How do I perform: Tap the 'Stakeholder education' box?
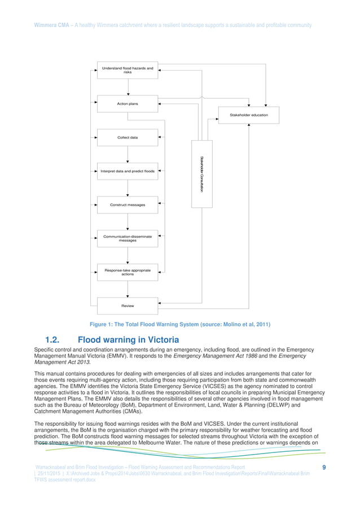248,115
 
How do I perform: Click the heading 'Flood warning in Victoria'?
128,340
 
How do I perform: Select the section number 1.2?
54,340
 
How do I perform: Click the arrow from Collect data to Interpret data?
128,154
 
